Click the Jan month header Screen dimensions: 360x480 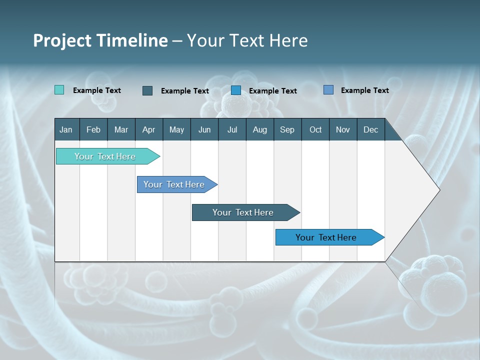click(x=66, y=129)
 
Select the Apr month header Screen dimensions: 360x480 click(x=148, y=129)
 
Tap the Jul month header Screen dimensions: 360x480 click(x=232, y=129)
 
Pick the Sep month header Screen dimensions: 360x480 click(x=287, y=129)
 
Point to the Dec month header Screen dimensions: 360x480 click(x=370, y=129)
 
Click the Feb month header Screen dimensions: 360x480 click(x=93, y=129)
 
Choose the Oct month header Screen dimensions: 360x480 click(x=315, y=129)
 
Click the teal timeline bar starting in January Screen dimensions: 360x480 click(x=105, y=156)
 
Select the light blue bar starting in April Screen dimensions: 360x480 click(x=174, y=184)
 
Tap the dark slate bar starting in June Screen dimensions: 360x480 click(x=243, y=212)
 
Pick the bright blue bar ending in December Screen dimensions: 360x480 click(x=326, y=237)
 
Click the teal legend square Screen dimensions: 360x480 click(x=59, y=90)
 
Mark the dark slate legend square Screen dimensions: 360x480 click(x=147, y=90)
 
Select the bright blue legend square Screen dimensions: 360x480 click(x=236, y=90)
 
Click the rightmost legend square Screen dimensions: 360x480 click(x=328, y=90)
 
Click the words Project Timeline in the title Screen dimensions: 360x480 click(x=100, y=40)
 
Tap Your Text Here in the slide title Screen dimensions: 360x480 click(x=247, y=40)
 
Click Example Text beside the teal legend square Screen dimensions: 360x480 click(x=97, y=90)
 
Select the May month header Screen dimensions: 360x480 click(x=176, y=129)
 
